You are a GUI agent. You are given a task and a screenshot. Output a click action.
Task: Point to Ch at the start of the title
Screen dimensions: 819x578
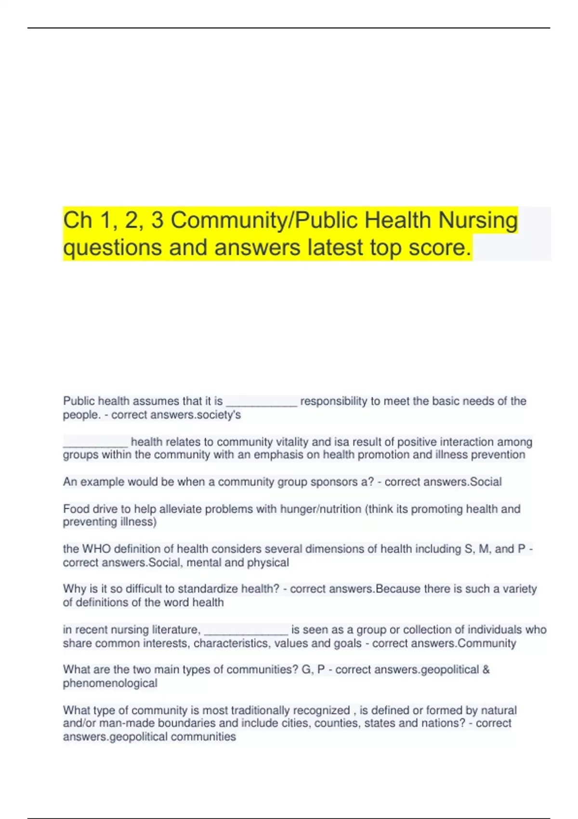point(78,220)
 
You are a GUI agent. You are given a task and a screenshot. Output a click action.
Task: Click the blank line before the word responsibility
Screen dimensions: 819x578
point(262,401)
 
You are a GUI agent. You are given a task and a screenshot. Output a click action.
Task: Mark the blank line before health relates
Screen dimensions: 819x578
point(95,442)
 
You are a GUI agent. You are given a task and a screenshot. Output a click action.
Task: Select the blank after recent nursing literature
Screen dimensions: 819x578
point(246,630)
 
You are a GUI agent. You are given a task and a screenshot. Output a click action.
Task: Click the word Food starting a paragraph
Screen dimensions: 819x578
point(76,509)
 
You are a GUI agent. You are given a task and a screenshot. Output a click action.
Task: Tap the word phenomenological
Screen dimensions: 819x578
point(110,683)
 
